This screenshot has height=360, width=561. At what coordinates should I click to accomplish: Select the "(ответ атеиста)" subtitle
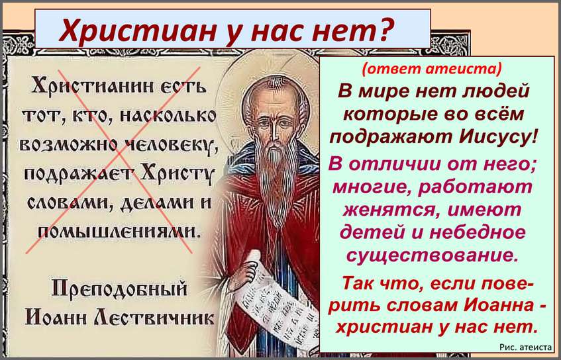[432, 69]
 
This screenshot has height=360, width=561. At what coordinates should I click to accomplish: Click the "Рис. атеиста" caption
[526, 347]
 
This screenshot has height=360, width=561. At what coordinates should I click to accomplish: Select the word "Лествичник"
[153, 316]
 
